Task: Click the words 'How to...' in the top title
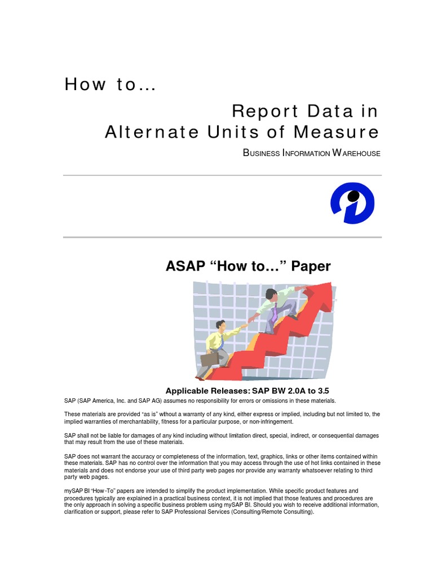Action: point(111,85)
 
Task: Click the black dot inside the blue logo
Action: point(354,196)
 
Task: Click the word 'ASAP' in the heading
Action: point(185,266)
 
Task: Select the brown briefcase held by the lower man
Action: point(210,359)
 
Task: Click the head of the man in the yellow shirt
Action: point(220,326)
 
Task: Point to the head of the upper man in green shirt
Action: point(271,294)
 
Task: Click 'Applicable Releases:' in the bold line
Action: point(207,391)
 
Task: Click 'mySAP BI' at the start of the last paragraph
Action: point(77,491)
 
